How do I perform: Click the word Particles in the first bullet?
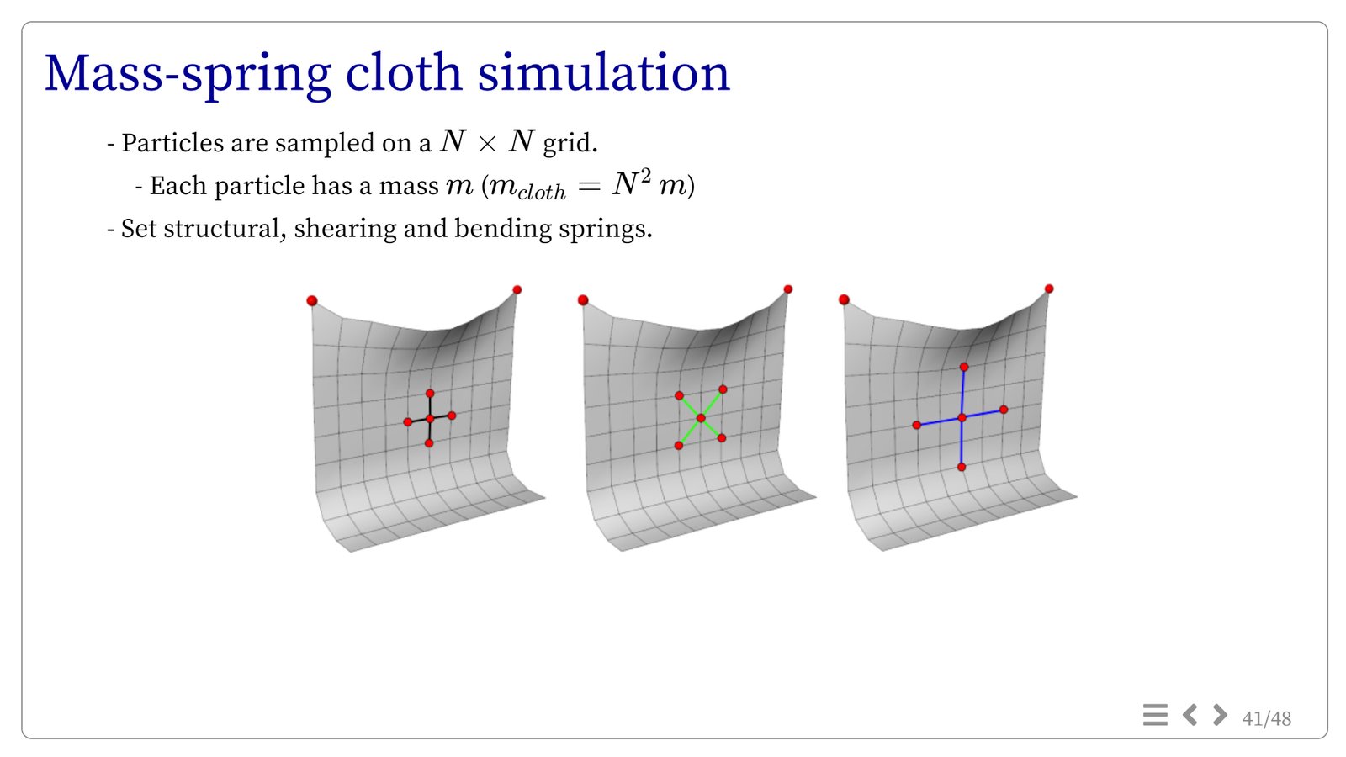pos(172,143)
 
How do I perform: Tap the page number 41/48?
pos(1267,718)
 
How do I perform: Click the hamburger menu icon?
pos(1155,715)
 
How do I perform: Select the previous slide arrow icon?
pos(1190,715)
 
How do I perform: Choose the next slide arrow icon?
pos(1220,715)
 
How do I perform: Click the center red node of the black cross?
pos(430,419)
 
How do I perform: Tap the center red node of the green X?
pos(701,417)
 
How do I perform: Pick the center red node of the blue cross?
pos(962,417)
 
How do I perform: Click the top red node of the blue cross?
pos(964,367)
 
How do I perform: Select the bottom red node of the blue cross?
pos(962,467)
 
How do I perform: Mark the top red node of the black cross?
pos(430,394)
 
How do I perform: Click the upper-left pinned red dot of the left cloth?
pos(312,300)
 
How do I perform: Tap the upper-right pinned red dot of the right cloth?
pos(1049,289)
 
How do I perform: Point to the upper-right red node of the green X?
pos(723,390)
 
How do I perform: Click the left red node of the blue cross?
pos(916,425)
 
